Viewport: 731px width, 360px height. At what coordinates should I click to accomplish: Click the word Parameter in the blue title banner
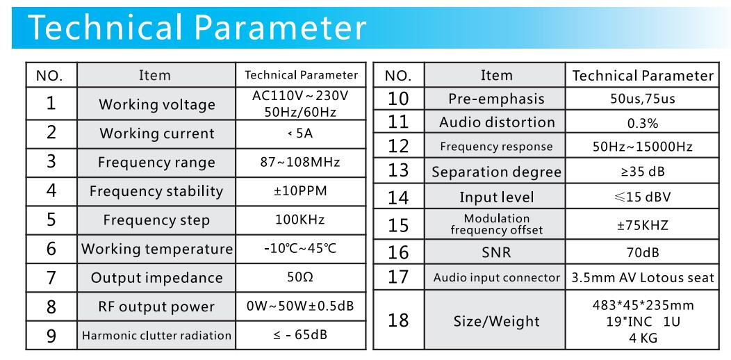tap(281, 28)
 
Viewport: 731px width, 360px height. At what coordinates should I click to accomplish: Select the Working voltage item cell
tap(156, 104)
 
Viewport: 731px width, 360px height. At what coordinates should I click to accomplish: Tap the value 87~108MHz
tap(300, 162)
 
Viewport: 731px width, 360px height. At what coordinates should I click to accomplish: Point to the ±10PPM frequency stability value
tap(300, 190)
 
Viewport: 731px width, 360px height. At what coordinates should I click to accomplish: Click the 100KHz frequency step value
tap(299, 220)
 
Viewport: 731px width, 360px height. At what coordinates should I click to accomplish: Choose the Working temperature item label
tap(156, 249)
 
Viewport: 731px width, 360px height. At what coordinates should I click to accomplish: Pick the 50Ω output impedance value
tap(300, 277)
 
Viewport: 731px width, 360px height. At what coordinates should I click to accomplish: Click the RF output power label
tap(156, 307)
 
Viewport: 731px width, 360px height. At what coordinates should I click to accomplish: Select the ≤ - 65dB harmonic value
tap(300, 335)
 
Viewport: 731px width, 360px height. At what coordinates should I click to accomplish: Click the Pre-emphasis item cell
tap(497, 99)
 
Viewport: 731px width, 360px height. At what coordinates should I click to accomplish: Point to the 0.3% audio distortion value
tap(643, 124)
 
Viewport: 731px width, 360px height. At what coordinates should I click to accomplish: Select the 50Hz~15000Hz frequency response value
tap(643, 147)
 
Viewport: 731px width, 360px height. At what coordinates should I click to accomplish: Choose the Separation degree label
tap(497, 172)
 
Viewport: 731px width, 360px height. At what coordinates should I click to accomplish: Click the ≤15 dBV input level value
tap(643, 197)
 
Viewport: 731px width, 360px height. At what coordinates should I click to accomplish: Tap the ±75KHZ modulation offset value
tap(643, 225)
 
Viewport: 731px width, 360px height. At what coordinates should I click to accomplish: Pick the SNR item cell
tap(496, 253)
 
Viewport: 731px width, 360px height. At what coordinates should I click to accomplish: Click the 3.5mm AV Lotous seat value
tap(643, 278)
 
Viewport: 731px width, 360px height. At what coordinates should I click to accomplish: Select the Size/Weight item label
tap(497, 321)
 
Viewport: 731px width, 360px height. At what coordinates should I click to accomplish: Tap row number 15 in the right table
tap(398, 226)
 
